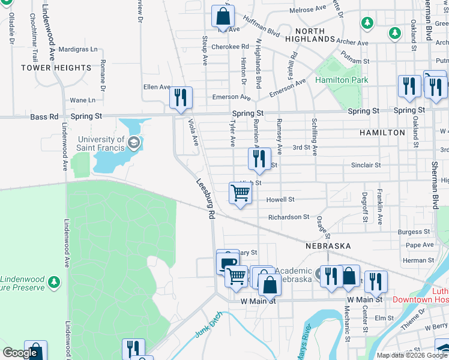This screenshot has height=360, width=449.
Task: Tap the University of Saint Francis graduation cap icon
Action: coord(133,142)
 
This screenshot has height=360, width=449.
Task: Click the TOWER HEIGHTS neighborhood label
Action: coord(56,68)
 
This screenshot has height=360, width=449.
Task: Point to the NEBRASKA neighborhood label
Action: coord(328,246)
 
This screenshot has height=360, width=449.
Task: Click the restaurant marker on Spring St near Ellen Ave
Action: coord(181,97)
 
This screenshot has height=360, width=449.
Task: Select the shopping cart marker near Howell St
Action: coord(240,193)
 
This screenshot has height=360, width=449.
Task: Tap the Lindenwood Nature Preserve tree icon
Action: coord(54,281)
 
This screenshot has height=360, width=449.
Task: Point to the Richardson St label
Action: coord(288,217)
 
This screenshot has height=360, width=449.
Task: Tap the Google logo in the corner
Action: coord(20,353)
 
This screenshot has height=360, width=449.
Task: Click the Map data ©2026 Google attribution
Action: coord(411,355)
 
